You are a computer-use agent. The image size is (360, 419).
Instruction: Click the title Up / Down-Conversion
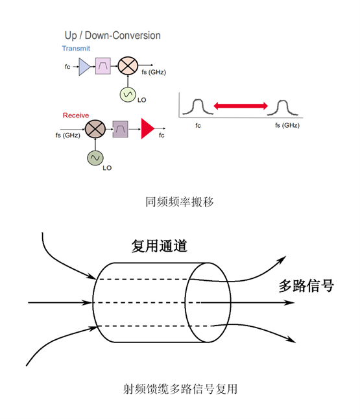(x=112, y=36)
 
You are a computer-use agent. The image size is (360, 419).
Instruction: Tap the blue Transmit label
(x=76, y=49)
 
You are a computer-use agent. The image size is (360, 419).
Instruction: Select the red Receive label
(x=76, y=115)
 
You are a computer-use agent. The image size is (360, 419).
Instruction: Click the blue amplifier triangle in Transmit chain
(x=84, y=67)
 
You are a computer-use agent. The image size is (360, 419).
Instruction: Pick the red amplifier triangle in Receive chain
(x=147, y=128)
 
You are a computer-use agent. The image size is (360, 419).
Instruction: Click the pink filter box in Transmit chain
(x=103, y=66)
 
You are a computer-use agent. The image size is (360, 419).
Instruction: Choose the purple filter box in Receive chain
(x=120, y=129)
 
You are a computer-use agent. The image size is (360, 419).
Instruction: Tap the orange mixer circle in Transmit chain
(x=128, y=66)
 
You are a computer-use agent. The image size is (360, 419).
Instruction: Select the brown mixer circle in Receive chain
(x=95, y=129)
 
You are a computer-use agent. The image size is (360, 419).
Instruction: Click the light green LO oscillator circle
(x=128, y=95)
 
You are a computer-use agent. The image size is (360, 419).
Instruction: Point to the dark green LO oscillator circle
(x=95, y=158)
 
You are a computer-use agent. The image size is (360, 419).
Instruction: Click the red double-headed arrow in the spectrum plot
(x=241, y=106)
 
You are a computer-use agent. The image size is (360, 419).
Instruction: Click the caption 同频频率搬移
(x=179, y=202)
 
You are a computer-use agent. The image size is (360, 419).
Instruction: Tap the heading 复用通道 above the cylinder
(x=160, y=246)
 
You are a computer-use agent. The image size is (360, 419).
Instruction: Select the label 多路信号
(x=306, y=285)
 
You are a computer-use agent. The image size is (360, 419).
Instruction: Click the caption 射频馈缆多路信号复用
(x=180, y=389)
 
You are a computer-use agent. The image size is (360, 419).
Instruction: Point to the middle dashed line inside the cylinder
(x=147, y=303)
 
